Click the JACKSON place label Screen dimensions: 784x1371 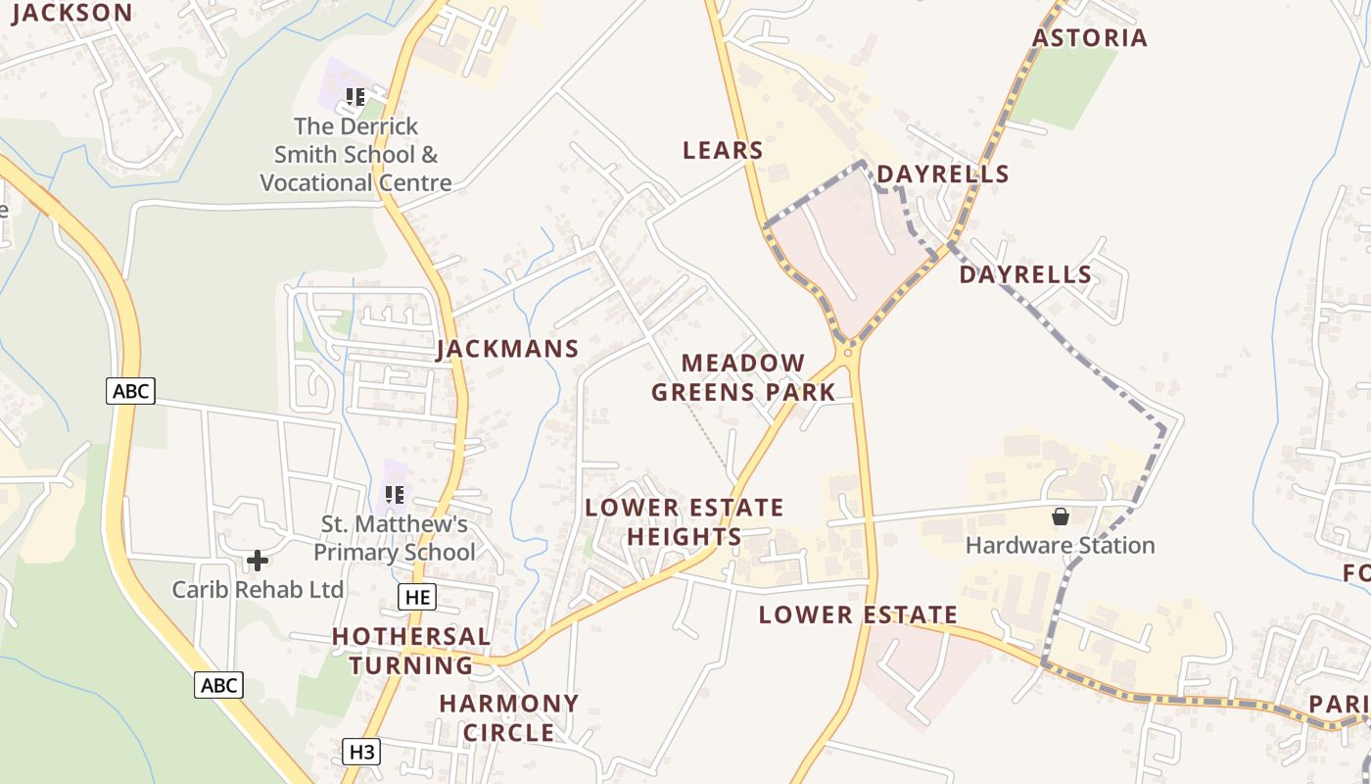pyautogui.click(x=72, y=13)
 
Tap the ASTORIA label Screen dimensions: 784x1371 pyautogui.click(x=1090, y=38)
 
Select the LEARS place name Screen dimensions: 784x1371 pyautogui.click(x=723, y=150)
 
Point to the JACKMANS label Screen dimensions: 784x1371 pyautogui.click(x=507, y=349)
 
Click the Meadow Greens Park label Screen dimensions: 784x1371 pyautogui.click(x=743, y=378)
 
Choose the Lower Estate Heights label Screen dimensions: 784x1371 pyautogui.click(x=685, y=522)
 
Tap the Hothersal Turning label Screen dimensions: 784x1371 pyautogui.click(x=411, y=651)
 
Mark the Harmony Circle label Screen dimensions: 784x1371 pyautogui.click(x=509, y=718)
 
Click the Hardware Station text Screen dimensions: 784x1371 pyautogui.click(x=1061, y=546)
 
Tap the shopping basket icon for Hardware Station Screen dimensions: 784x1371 pyautogui.click(x=1061, y=515)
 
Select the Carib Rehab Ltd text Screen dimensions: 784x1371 pyautogui.click(x=258, y=590)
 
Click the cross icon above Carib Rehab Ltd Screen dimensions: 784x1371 pyautogui.click(x=258, y=561)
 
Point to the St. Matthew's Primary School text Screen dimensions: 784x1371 pyautogui.click(x=395, y=538)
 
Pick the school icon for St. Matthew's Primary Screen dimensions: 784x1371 pyautogui.click(x=395, y=495)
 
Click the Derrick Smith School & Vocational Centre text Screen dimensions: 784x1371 pyautogui.click(x=355, y=155)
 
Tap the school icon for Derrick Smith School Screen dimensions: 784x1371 pyautogui.click(x=355, y=97)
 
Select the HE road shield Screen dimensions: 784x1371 pyautogui.click(x=417, y=597)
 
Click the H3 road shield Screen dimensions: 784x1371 pyautogui.click(x=361, y=753)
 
